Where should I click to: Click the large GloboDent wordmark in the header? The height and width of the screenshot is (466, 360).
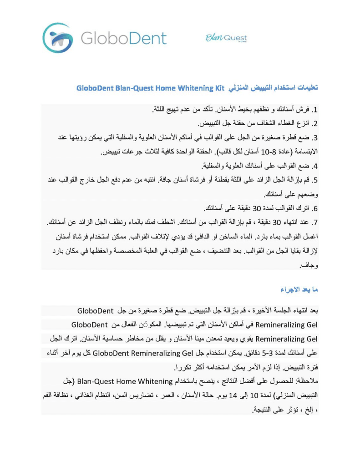point(124,38)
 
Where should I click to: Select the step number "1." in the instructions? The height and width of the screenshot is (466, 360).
point(314,110)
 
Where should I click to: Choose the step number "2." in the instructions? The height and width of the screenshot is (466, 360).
point(314,123)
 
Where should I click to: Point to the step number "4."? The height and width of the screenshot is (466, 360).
point(314,166)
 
